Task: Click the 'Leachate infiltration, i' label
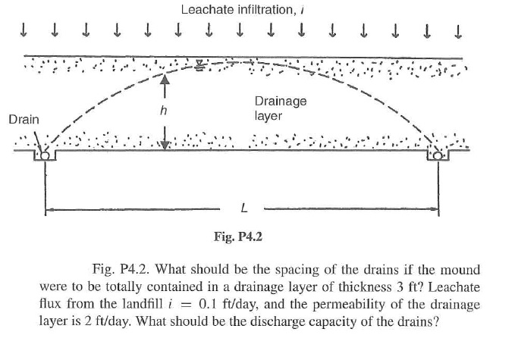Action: tap(234, 10)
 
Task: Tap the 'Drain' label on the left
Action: tap(24, 119)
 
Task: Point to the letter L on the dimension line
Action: tap(242, 207)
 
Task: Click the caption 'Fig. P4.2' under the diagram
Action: tap(238, 237)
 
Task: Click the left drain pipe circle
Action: tap(45, 155)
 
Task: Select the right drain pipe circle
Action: tap(438, 155)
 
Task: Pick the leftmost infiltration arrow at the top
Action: tap(25, 31)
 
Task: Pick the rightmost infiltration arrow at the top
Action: tap(457, 31)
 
